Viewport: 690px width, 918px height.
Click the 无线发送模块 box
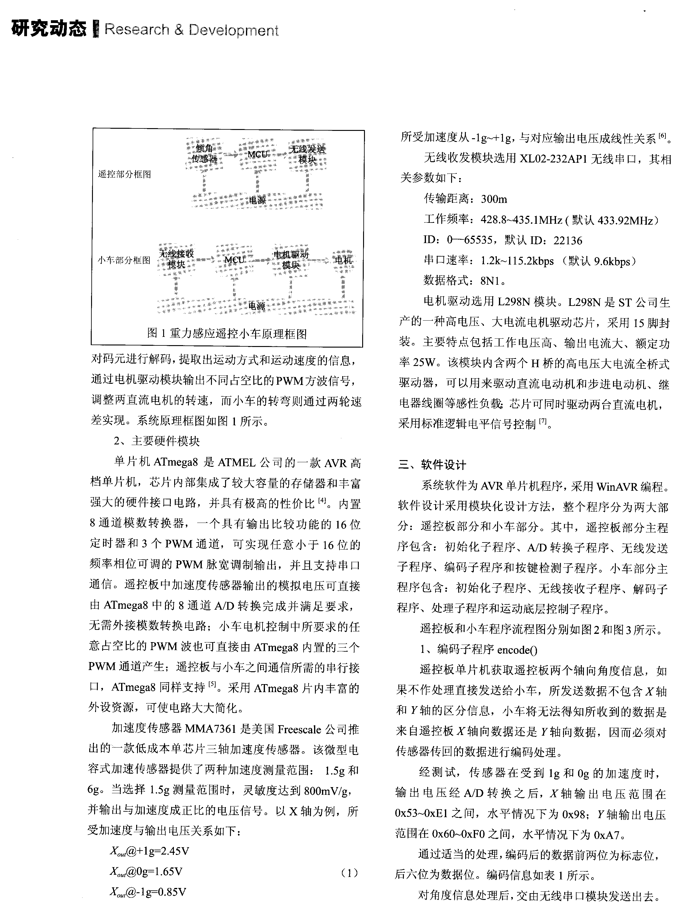(307, 154)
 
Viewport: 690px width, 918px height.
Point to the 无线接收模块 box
(176, 259)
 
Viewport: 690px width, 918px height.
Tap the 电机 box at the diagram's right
(343, 260)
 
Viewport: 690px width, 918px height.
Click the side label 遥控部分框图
(125, 174)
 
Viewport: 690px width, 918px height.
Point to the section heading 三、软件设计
(432, 465)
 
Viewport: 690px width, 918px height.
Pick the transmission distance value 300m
(494, 199)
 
